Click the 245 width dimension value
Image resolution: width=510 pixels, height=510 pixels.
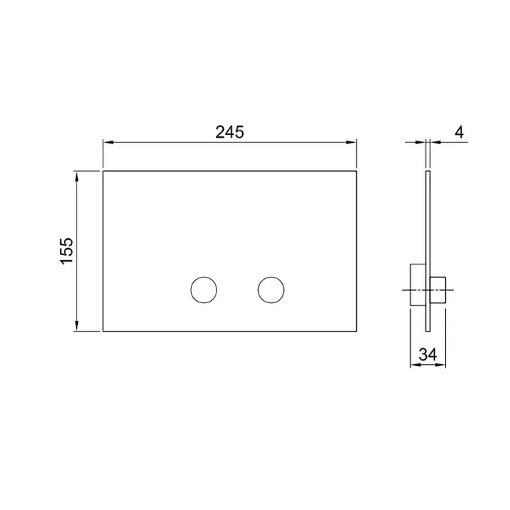click(x=229, y=132)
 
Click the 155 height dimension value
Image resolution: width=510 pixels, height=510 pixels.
click(x=67, y=251)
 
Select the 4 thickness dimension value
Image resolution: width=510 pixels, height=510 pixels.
click(x=459, y=132)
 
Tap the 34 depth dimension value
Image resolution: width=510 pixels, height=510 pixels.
click(x=428, y=354)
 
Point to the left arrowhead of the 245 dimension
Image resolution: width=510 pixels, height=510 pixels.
click(x=108, y=142)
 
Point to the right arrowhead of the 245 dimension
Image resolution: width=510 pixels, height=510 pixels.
click(x=352, y=142)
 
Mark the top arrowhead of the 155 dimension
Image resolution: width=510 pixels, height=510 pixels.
click(x=76, y=176)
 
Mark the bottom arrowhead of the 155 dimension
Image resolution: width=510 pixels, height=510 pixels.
click(x=76, y=326)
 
